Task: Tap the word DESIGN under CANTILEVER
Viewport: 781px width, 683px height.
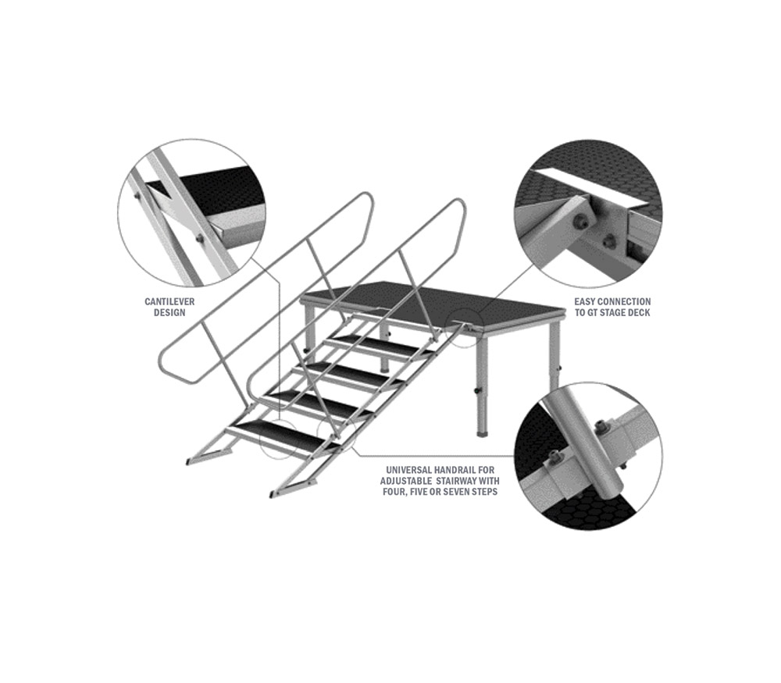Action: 169,313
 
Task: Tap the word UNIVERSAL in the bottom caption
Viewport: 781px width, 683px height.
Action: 408,470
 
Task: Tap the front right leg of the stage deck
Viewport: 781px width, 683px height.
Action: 482,386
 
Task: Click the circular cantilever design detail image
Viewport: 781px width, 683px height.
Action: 192,213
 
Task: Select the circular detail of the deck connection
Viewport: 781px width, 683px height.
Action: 589,213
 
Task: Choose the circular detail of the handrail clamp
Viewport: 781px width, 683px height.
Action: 589,457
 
